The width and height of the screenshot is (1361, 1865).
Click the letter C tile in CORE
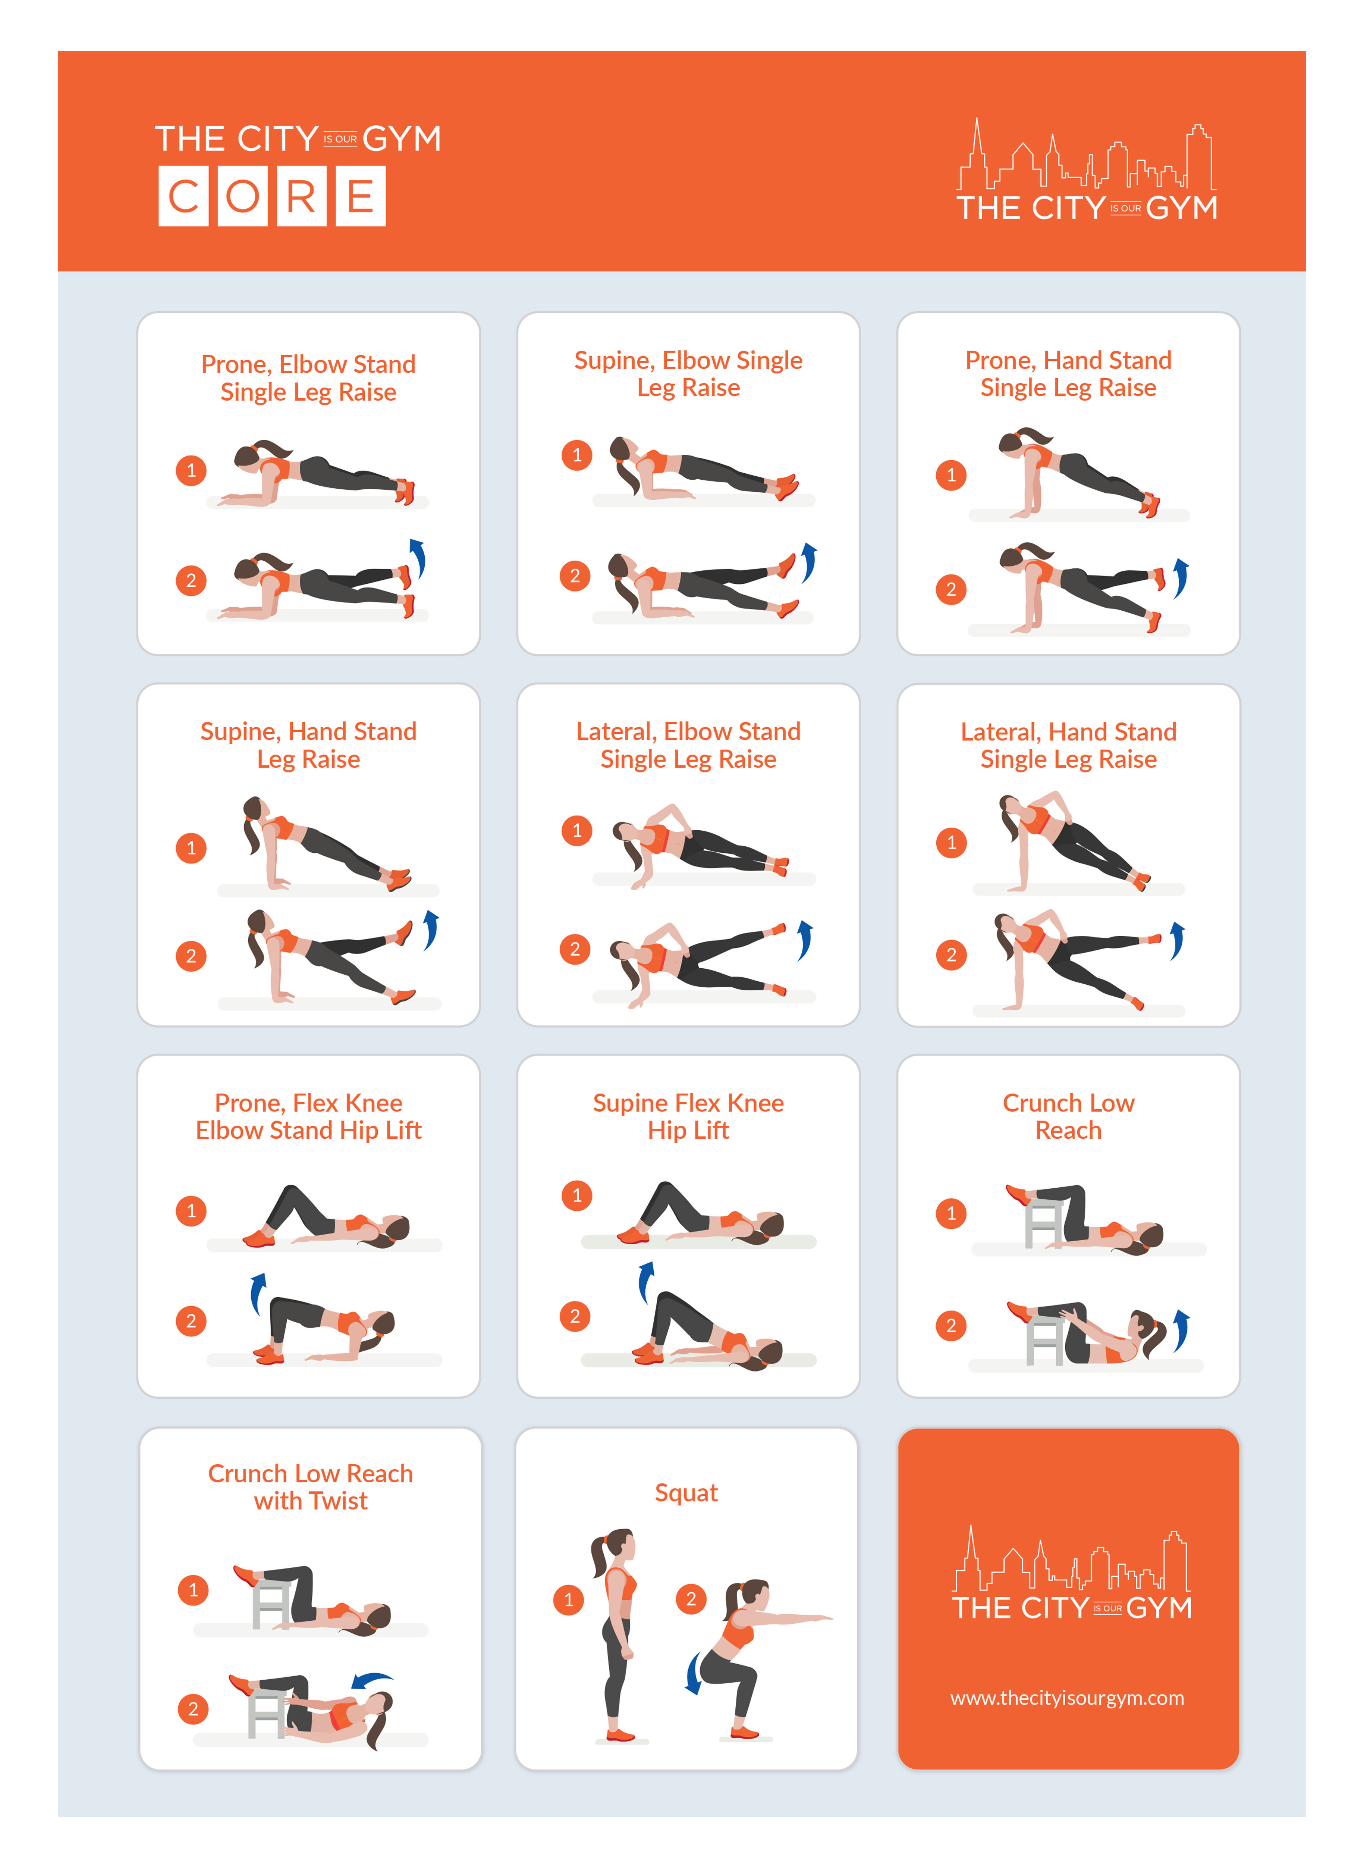click(184, 196)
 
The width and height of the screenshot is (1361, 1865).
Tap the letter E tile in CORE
click(361, 196)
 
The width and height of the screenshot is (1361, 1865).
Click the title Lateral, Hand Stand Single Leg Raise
click(1069, 745)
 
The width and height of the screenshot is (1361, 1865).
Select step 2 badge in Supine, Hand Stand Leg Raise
click(191, 956)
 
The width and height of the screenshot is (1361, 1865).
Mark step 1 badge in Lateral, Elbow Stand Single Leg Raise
click(577, 830)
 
